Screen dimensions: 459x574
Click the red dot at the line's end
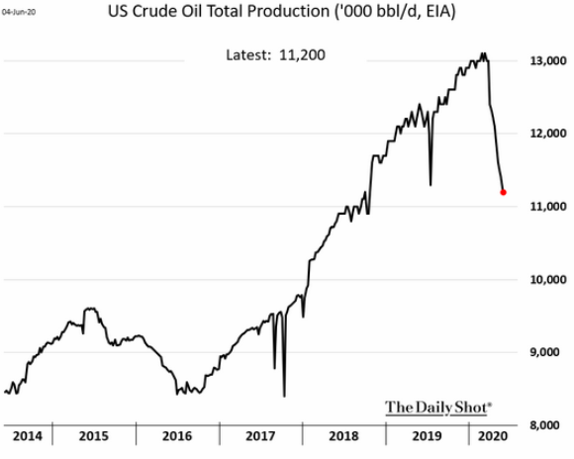pyautogui.click(x=503, y=192)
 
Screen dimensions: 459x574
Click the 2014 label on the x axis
pyautogui.click(x=28, y=436)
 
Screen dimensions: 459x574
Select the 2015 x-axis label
pyautogui.click(x=93, y=436)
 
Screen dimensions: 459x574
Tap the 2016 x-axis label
pyautogui.click(x=175, y=436)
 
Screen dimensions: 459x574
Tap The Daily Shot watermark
pyautogui.click(x=437, y=406)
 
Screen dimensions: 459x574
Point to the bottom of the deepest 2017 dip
pyautogui.click(x=284, y=396)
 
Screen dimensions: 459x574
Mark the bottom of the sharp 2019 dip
pyautogui.click(x=430, y=184)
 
